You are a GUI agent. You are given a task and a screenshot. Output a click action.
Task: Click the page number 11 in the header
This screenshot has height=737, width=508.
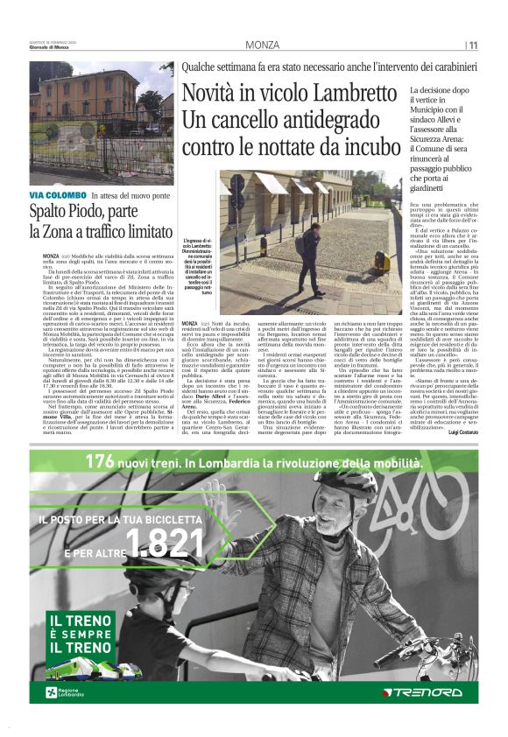473,45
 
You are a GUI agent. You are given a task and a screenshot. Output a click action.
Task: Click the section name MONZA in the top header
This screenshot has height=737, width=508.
263,45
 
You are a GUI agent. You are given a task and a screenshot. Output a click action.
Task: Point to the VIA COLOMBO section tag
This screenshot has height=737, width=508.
58,194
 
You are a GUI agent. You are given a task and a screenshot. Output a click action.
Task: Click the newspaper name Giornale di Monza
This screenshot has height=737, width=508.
51,49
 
